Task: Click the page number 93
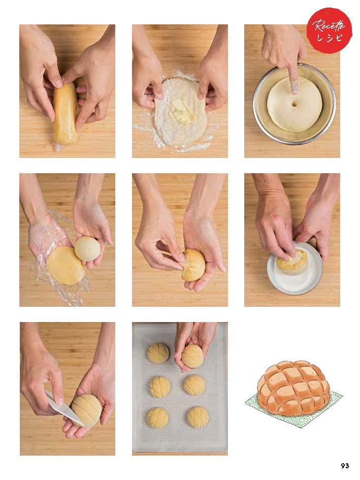point(345,466)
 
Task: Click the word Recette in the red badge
point(329,26)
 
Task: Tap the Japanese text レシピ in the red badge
point(330,38)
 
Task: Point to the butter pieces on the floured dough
point(179,111)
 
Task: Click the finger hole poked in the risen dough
point(294,104)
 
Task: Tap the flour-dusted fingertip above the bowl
point(294,87)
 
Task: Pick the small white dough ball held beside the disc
point(87,248)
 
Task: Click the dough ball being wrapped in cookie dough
point(193,265)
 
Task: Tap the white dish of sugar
point(294,269)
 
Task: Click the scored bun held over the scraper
point(86,409)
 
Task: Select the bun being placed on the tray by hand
point(192,356)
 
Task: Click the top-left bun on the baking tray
point(158,353)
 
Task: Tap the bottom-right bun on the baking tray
point(198,417)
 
